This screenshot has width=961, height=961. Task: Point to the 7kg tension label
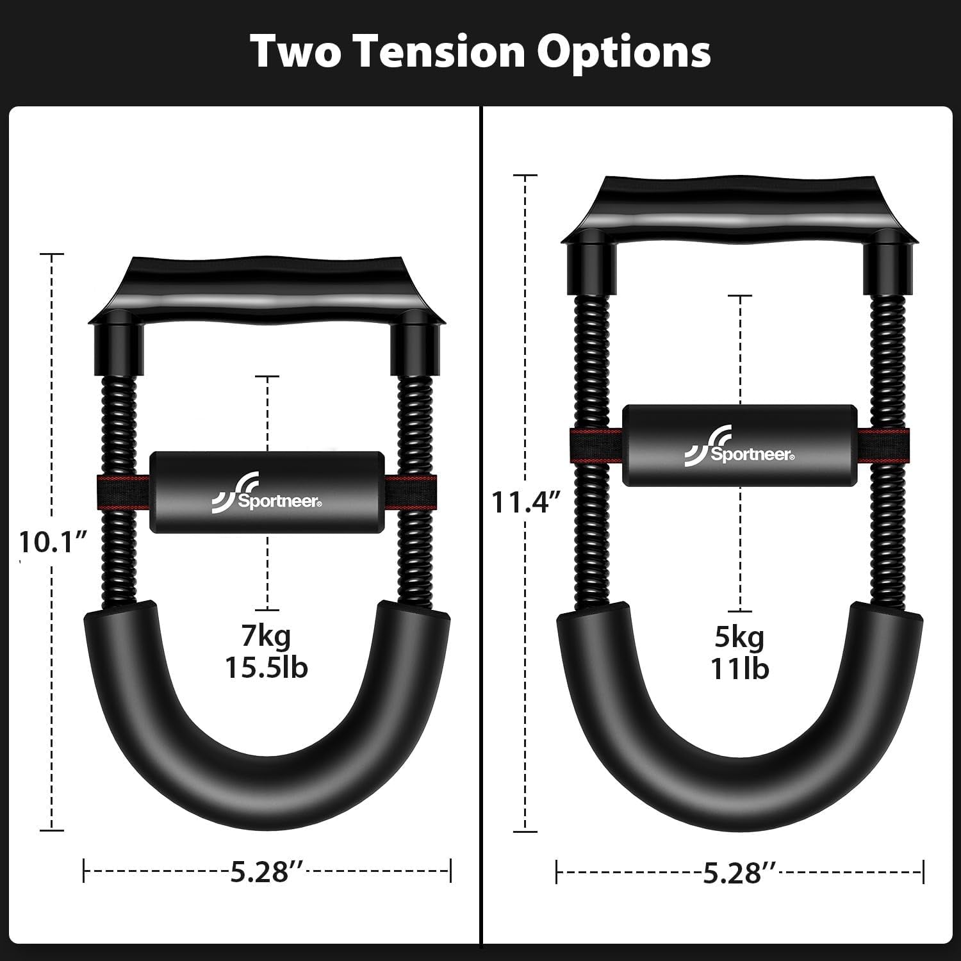tap(267, 636)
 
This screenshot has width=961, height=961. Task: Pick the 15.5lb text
tap(267, 668)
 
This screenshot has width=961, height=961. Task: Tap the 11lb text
tap(740, 669)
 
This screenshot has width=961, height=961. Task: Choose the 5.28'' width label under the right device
tap(740, 873)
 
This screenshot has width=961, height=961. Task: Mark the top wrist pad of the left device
tap(267, 288)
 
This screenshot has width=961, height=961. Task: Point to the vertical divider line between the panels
tap(481, 513)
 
